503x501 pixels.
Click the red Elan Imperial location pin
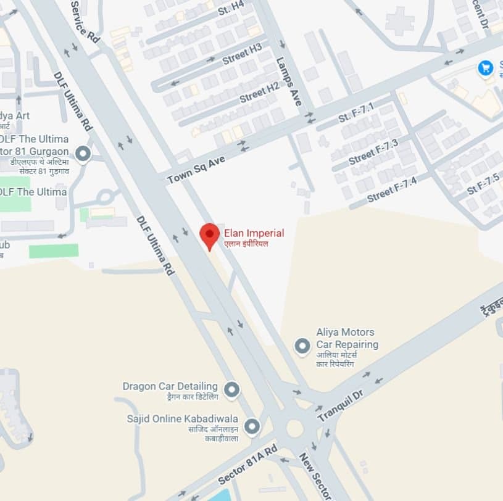click(210, 235)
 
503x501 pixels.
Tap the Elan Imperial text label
click(254, 233)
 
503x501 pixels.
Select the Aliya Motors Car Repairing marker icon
click(302, 346)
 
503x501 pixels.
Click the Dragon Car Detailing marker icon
click(231, 389)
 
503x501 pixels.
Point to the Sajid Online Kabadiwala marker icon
click(252, 426)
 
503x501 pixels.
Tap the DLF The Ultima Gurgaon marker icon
click(83, 154)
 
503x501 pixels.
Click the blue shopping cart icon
click(486, 68)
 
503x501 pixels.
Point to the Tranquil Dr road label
click(342, 405)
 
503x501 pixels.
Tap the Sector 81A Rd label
click(247, 465)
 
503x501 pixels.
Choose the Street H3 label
click(242, 54)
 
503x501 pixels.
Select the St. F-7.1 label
click(356, 113)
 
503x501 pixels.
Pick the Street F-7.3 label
click(373, 152)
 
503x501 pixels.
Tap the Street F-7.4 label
click(392, 189)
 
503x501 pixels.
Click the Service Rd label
click(85, 21)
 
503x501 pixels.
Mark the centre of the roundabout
click(294, 428)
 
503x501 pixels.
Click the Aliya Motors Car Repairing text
click(347, 338)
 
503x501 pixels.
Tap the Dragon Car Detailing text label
click(170, 386)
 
